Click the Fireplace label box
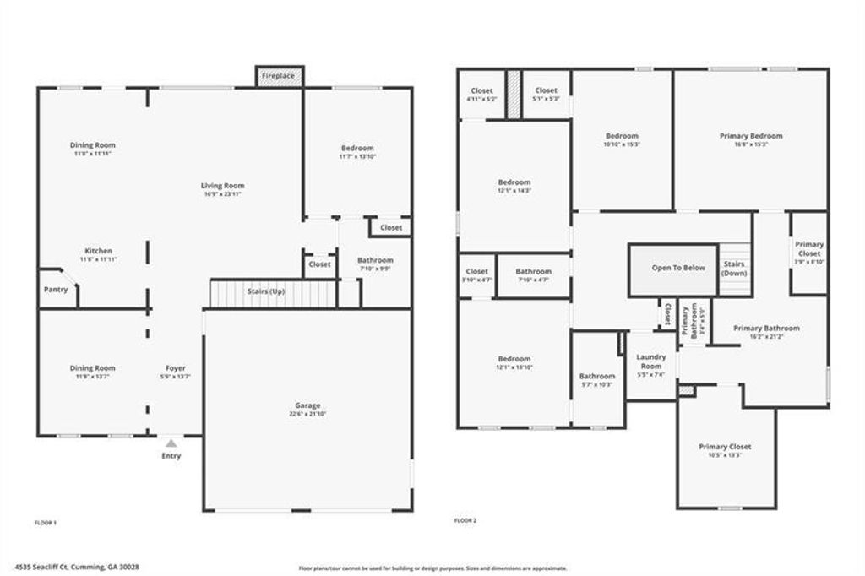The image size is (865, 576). point(279,76)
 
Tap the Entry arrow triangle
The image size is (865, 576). point(171,442)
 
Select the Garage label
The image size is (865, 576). point(307,405)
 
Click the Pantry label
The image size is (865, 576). point(56,290)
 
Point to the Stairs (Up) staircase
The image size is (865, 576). point(273,294)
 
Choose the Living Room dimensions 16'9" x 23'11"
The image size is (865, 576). point(222,195)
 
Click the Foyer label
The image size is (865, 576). point(175,368)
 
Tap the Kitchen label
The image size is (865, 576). point(98,251)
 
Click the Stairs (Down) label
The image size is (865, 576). point(734,269)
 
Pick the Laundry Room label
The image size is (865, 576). point(650,361)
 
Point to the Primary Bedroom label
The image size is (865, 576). point(751,135)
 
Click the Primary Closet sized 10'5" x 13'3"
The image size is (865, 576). point(725,451)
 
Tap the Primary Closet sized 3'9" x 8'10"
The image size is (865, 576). point(808,253)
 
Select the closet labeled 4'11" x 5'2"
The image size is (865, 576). point(481,95)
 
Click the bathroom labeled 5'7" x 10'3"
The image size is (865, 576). point(597,380)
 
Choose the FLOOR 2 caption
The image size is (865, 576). point(465,521)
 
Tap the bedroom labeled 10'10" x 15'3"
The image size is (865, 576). point(622,139)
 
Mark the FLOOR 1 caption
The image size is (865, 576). point(45,524)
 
